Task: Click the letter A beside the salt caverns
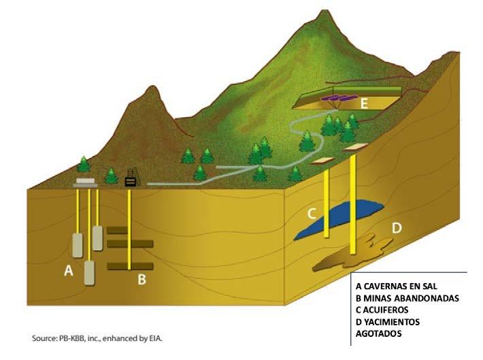pos(68,271)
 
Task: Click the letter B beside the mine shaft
pos(142,278)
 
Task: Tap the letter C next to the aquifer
pos(311,213)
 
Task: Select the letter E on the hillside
pos(365,103)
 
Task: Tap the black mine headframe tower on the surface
pos(130,178)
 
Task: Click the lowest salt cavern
pos(89,274)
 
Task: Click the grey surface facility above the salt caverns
pos(87,182)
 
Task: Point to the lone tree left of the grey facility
pos(83,164)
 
